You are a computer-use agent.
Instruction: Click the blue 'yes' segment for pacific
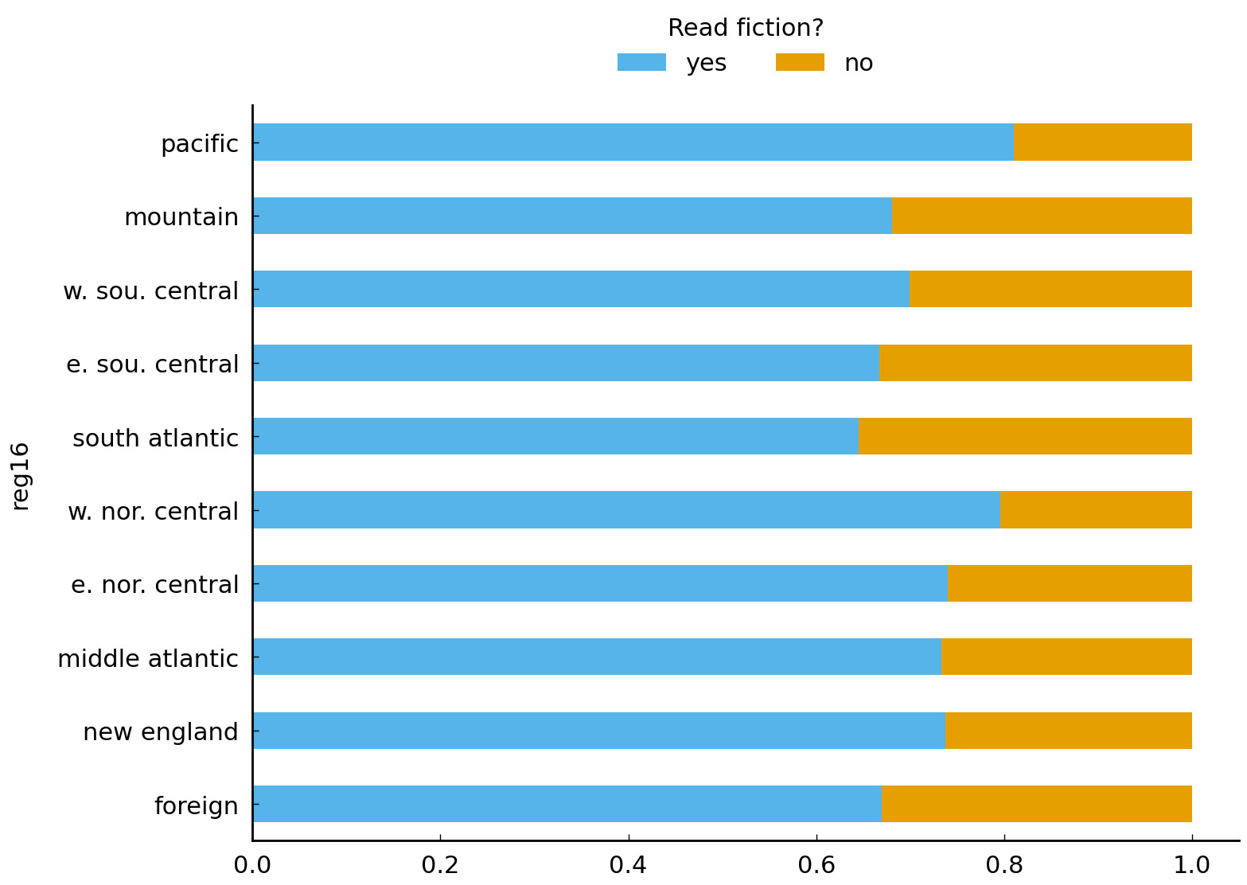point(633,142)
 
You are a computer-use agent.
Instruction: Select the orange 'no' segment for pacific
point(1102,142)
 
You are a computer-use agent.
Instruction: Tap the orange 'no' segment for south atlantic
point(1025,436)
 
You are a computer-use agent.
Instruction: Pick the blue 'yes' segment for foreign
point(567,804)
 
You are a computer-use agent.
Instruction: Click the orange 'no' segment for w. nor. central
point(1096,510)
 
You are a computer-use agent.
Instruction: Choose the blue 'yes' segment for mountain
point(572,216)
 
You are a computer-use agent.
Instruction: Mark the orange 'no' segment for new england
point(1068,731)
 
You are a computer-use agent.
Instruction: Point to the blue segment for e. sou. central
point(566,363)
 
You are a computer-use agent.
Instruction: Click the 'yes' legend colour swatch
point(641,63)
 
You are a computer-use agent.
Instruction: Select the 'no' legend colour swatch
point(800,63)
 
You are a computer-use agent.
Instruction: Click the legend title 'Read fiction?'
point(745,29)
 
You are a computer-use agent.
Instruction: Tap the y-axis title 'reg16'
point(21,475)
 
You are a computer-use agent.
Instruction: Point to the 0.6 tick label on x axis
point(816,864)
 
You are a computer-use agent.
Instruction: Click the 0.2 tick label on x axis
point(440,864)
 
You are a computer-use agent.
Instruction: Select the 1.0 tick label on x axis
point(1191,864)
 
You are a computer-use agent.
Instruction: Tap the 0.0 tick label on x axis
point(252,864)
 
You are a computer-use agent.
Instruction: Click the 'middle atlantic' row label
point(148,659)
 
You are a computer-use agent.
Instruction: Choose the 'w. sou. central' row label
point(150,291)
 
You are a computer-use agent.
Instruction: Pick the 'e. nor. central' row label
point(154,585)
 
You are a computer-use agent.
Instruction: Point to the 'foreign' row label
point(196,806)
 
